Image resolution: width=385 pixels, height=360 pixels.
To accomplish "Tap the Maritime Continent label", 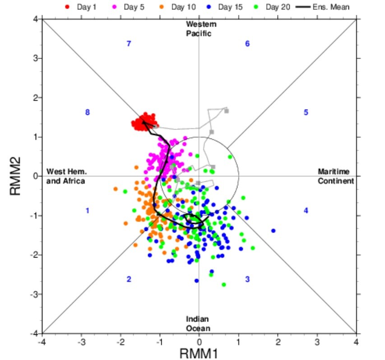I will tap(335, 176).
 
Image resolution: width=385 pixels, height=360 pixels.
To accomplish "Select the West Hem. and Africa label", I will tap(66, 176).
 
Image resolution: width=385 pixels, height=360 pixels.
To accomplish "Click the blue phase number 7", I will tap(129, 44).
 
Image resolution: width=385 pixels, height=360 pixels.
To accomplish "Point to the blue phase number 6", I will tap(247, 44).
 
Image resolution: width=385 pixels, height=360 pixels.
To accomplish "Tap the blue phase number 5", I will tap(306, 112).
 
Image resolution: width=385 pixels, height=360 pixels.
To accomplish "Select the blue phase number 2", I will tap(129, 279).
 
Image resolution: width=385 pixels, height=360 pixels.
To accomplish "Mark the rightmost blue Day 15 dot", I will tap(273, 231).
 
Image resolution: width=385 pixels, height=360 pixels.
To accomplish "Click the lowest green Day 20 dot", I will tap(224, 285).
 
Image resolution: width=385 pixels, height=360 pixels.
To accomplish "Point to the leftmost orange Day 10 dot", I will tap(116, 189).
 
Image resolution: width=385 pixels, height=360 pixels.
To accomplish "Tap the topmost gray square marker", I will tap(227, 111).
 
